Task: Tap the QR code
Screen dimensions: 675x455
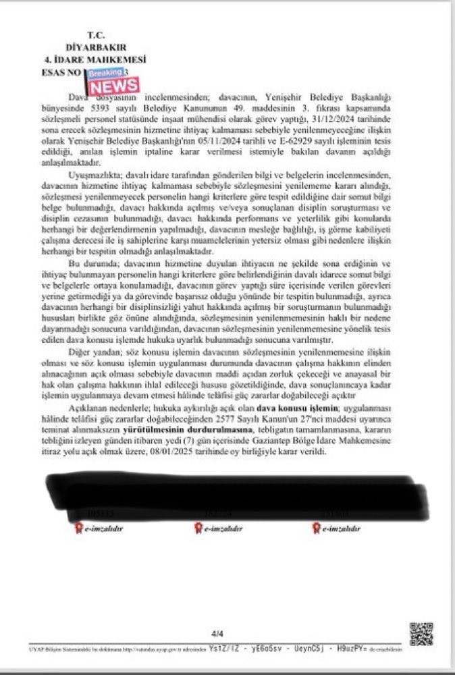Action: (x=420, y=634)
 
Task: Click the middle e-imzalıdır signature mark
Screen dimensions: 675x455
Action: (x=221, y=528)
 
